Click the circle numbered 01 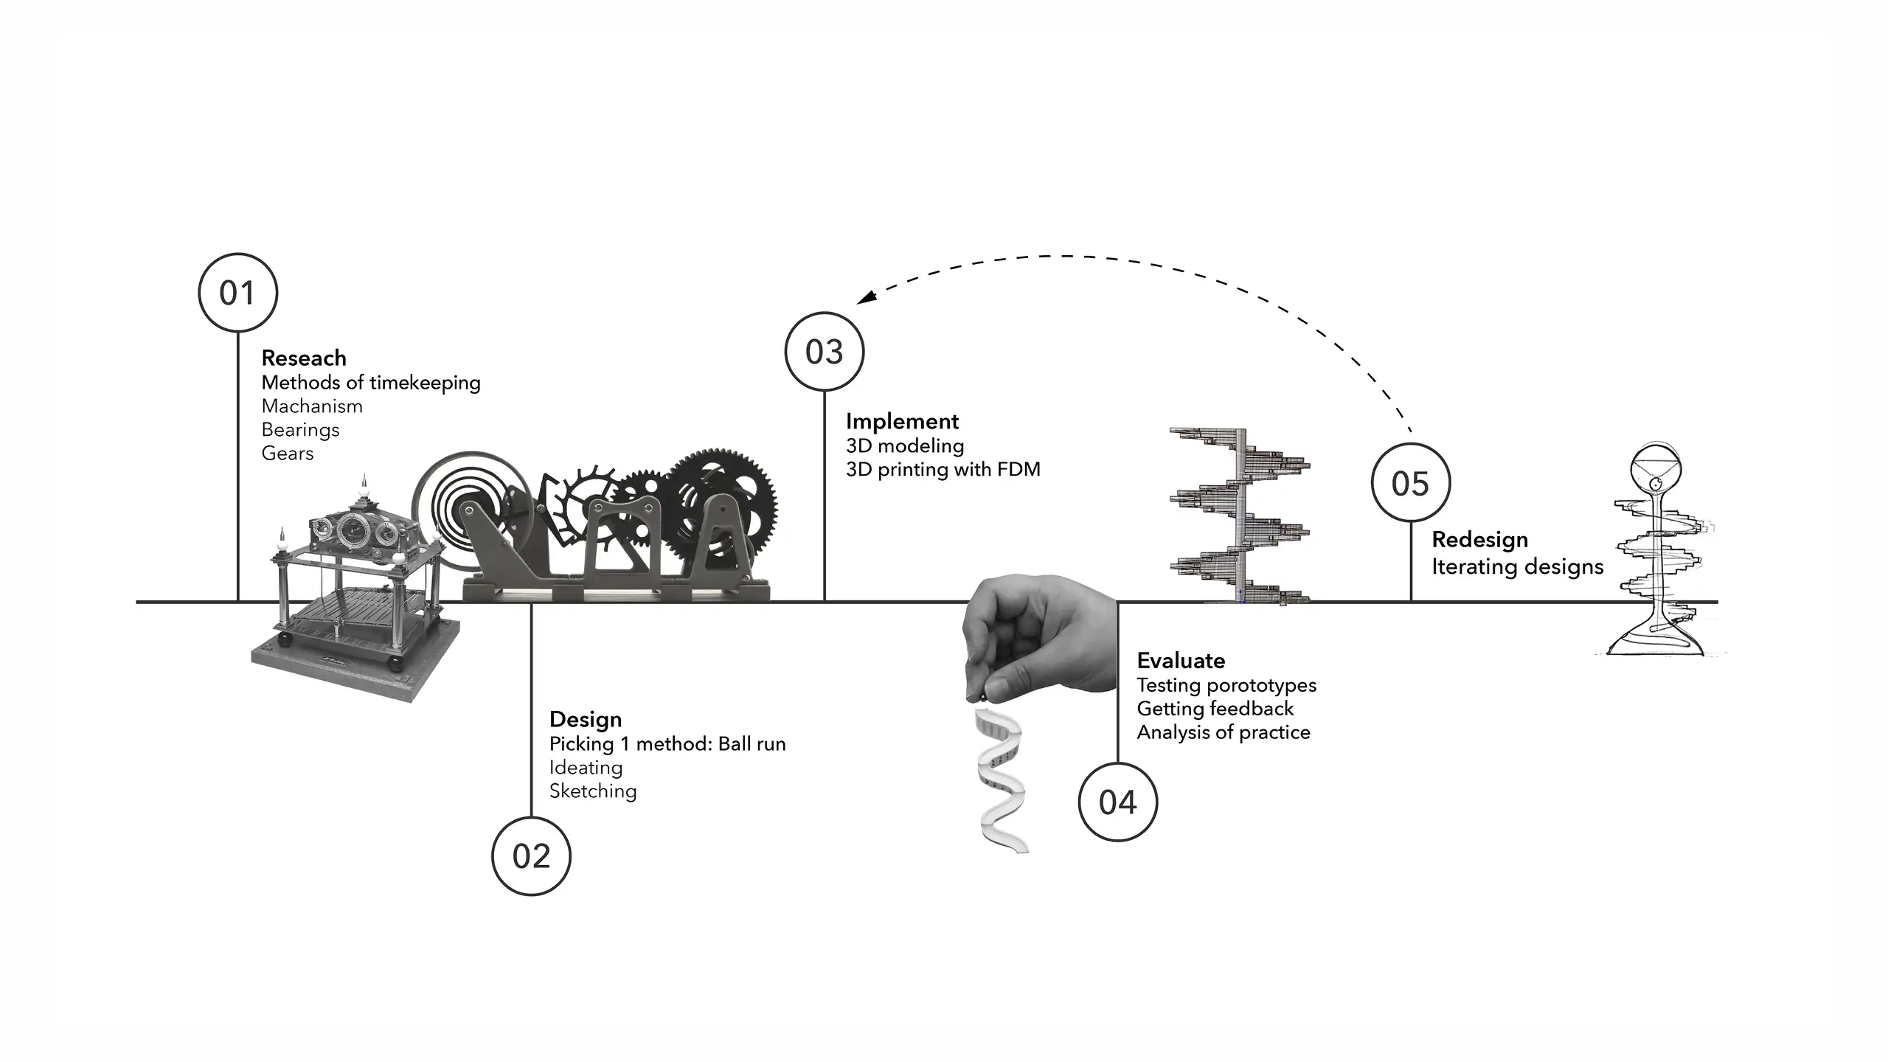pyautogui.click(x=237, y=293)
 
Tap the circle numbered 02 pyautogui.click(x=531, y=855)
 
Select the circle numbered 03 pyautogui.click(x=824, y=352)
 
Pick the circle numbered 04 pyautogui.click(x=1117, y=802)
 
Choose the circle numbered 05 pyautogui.click(x=1410, y=483)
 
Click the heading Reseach pyautogui.click(x=304, y=358)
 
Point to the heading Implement pyautogui.click(x=902, y=422)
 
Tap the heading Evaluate pyautogui.click(x=1181, y=661)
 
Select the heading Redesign pyautogui.click(x=1479, y=540)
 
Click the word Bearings pyautogui.click(x=300, y=430)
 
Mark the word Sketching pyautogui.click(x=593, y=791)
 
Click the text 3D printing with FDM pyautogui.click(x=943, y=470)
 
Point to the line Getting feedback pyautogui.click(x=1215, y=709)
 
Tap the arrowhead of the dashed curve pyautogui.click(x=866, y=298)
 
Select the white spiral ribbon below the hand pyautogui.click(x=1002, y=782)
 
